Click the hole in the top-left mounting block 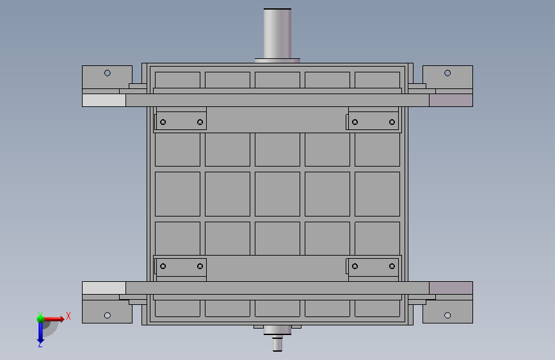pos(108,73)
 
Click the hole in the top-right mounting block pos(447,73)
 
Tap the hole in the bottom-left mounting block pos(108,315)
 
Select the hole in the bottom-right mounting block pos(447,315)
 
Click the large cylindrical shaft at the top pos(278,34)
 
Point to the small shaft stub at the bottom pos(278,345)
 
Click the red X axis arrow pos(53,319)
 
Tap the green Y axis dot pos(40,319)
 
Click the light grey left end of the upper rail pos(104,101)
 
